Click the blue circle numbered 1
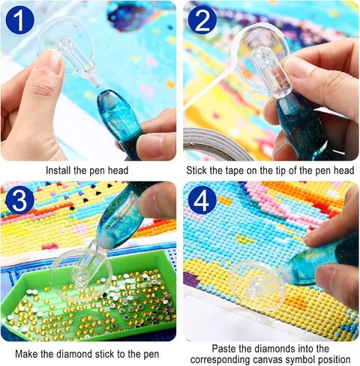(19, 20)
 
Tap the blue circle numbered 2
(202, 20)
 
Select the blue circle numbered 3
(19, 200)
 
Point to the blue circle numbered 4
(202, 200)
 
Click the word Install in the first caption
(58, 170)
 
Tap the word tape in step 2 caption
(234, 170)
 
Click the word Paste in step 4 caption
(224, 349)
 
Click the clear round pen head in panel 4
(257, 286)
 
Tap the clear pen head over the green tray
(80, 273)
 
